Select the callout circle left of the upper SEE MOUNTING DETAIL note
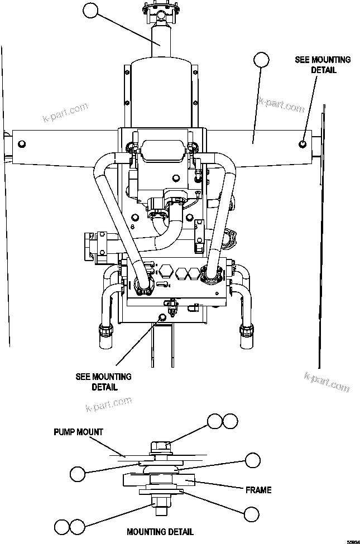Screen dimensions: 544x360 (x=261, y=60)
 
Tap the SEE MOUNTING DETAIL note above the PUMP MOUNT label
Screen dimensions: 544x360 (x=103, y=382)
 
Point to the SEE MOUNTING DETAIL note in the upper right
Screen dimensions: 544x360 (x=323, y=65)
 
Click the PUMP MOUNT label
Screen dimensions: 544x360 (x=79, y=432)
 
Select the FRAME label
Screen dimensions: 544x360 (x=258, y=490)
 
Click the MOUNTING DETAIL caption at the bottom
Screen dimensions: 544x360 (x=160, y=532)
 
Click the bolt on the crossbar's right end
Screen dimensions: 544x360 (x=303, y=144)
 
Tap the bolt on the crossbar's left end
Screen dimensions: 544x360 (x=22, y=145)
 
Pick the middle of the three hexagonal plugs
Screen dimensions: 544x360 (x=180, y=273)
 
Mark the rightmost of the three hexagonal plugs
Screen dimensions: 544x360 (x=194, y=273)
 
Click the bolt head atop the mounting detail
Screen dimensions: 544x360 (x=160, y=446)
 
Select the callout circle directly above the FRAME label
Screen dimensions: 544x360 (x=253, y=460)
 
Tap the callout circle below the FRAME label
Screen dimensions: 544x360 (x=251, y=514)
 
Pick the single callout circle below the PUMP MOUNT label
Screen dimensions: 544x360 (x=78, y=474)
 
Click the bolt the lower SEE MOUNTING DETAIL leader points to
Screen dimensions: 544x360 (x=162, y=317)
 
